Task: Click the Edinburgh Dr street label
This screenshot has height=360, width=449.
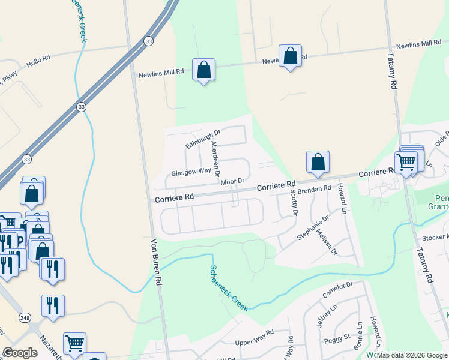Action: pyautogui.click(x=203, y=139)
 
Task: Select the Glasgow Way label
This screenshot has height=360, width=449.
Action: pyautogui.click(x=191, y=172)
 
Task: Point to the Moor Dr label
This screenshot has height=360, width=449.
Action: pyautogui.click(x=232, y=181)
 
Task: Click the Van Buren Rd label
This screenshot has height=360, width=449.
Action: pyautogui.click(x=157, y=261)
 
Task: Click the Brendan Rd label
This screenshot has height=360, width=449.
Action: pyautogui.click(x=315, y=188)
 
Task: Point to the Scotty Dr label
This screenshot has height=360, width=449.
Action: pyautogui.click(x=294, y=202)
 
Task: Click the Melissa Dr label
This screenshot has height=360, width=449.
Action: pyautogui.click(x=327, y=242)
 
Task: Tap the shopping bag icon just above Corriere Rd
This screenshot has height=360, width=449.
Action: pyautogui.click(x=318, y=162)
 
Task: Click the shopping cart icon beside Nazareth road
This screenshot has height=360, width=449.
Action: pyautogui.click(x=74, y=344)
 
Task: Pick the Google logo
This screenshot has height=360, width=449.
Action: pyautogui.click(x=20, y=353)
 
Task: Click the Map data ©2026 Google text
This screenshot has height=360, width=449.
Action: pyautogui.click(x=412, y=355)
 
